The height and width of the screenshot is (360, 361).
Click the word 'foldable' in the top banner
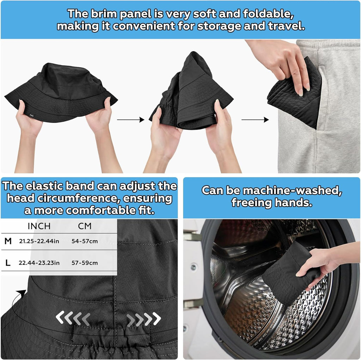(x=268, y=14)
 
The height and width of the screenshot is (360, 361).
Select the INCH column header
(x=39, y=226)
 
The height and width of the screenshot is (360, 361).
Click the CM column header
(x=85, y=226)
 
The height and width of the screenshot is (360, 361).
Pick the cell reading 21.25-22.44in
(x=39, y=241)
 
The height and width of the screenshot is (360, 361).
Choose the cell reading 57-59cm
(x=85, y=263)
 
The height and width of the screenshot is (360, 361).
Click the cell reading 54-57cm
(x=85, y=241)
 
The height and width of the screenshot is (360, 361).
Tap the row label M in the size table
(x=8, y=241)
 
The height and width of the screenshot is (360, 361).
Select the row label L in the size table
(x=8, y=263)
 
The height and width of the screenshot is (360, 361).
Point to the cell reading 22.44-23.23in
(x=39, y=263)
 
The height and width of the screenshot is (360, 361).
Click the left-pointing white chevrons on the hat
(x=73, y=318)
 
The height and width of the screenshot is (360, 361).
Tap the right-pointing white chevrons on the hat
(x=144, y=319)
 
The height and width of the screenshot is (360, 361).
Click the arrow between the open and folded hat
(x=130, y=120)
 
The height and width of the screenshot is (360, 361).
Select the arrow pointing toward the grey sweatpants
(x=255, y=120)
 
